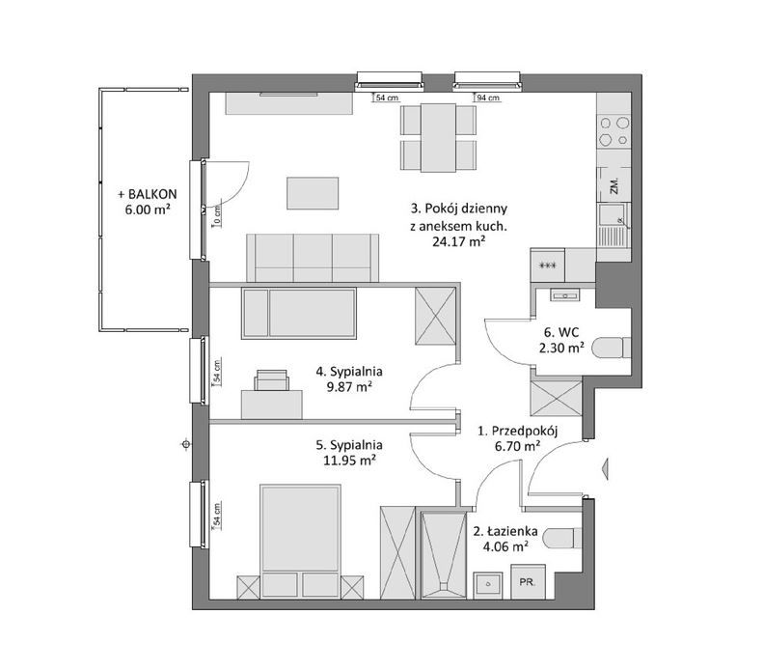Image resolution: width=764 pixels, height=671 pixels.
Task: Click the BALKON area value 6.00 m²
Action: (x=148, y=210)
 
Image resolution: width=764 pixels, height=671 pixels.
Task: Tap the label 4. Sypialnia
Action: (x=349, y=372)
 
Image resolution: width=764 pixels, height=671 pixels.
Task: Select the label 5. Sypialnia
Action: (x=349, y=445)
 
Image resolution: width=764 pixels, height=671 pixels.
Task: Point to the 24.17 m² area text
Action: (x=458, y=241)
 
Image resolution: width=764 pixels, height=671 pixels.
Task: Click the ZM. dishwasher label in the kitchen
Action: (x=614, y=185)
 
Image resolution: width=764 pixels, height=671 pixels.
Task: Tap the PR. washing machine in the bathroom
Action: (x=529, y=582)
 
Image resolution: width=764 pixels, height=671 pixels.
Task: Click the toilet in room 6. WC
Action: (x=611, y=349)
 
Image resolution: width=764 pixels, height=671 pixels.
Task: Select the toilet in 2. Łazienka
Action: (x=562, y=540)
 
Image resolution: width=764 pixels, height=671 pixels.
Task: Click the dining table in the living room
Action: (x=439, y=137)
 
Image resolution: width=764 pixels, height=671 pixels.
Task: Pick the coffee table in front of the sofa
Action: (x=313, y=193)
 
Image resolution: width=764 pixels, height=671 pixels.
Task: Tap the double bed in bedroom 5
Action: (x=300, y=541)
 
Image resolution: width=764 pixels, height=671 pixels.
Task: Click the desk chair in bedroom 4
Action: (x=271, y=380)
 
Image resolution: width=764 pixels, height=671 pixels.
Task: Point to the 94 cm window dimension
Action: (x=488, y=98)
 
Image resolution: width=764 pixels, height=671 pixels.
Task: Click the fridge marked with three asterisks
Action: (x=548, y=266)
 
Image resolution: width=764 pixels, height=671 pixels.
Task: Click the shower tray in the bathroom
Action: (x=444, y=554)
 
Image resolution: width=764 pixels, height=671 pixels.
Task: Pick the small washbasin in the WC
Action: (x=565, y=294)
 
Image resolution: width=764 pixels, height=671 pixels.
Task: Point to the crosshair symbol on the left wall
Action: (x=185, y=444)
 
